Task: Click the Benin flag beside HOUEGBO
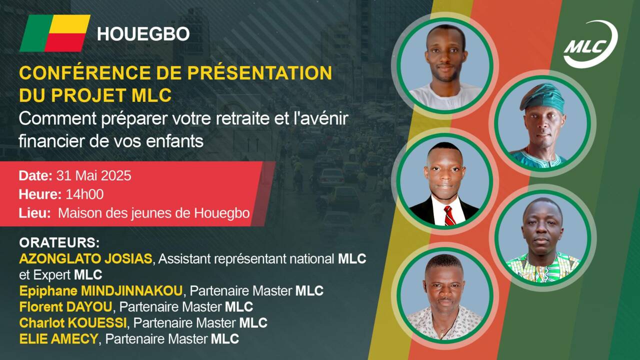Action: (55, 33)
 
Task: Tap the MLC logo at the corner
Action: (590, 44)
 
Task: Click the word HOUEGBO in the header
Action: (143, 33)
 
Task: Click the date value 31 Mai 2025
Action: (93, 175)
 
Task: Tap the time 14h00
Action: (84, 194)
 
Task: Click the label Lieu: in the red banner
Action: (35, 213)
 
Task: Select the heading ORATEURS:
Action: (59, 242)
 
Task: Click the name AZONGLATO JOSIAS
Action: (85, 259)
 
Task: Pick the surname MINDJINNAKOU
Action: (131, 291)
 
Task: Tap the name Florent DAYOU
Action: (65, 307)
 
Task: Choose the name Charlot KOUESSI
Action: (73, 323)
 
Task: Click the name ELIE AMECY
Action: (58, 339)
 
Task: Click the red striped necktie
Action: (449, 215)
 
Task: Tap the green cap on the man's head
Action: (542, 97)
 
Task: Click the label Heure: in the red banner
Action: (40, 194)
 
